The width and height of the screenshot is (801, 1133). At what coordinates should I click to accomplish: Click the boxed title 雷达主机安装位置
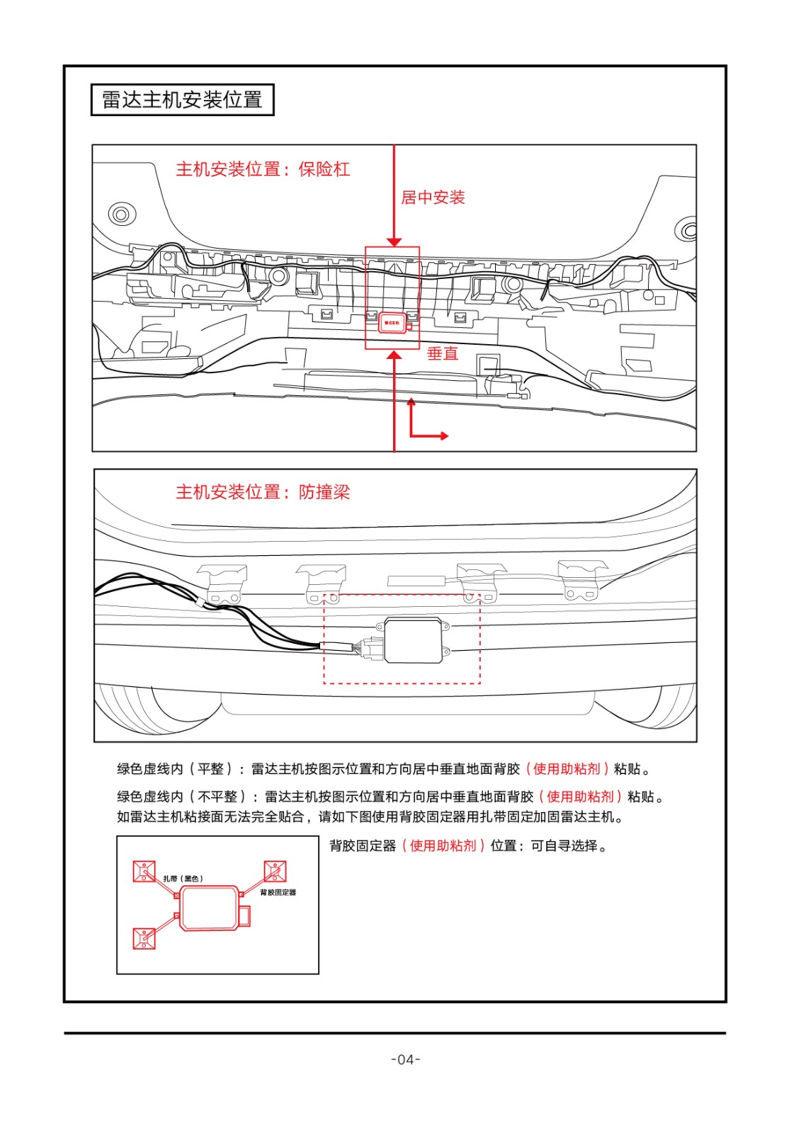pos(182,100)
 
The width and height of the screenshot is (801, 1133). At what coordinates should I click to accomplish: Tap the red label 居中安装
pos(433,198)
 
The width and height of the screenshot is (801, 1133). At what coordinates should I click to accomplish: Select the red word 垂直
pos(443,353)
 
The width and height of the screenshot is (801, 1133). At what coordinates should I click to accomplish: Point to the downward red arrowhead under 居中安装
pos(394,241)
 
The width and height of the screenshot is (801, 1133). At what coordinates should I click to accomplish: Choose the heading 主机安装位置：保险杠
pos(263,169)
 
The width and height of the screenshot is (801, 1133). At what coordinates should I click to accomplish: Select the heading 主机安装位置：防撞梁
pos(263,492)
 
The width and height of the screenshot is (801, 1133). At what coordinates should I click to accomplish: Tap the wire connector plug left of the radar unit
pos(370,647)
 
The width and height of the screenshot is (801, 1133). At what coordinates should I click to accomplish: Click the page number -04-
pos(406,1059)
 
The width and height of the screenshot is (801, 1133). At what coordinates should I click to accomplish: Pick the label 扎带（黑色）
pos(183,879)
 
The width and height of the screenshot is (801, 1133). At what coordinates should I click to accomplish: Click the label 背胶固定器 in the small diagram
pos(278,892)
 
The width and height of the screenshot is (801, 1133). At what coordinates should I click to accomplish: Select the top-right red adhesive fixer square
pos(275,871)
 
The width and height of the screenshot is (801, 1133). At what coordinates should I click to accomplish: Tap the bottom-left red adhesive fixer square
pos(144,938)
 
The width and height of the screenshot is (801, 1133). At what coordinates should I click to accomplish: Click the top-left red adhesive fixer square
pos(144,871)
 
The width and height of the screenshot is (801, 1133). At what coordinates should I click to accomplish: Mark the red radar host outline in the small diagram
pos(210,907)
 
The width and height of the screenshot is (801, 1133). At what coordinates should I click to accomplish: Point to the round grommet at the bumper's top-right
pos(686,228)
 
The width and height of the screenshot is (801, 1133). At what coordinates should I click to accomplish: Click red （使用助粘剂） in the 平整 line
pos(567,769)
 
